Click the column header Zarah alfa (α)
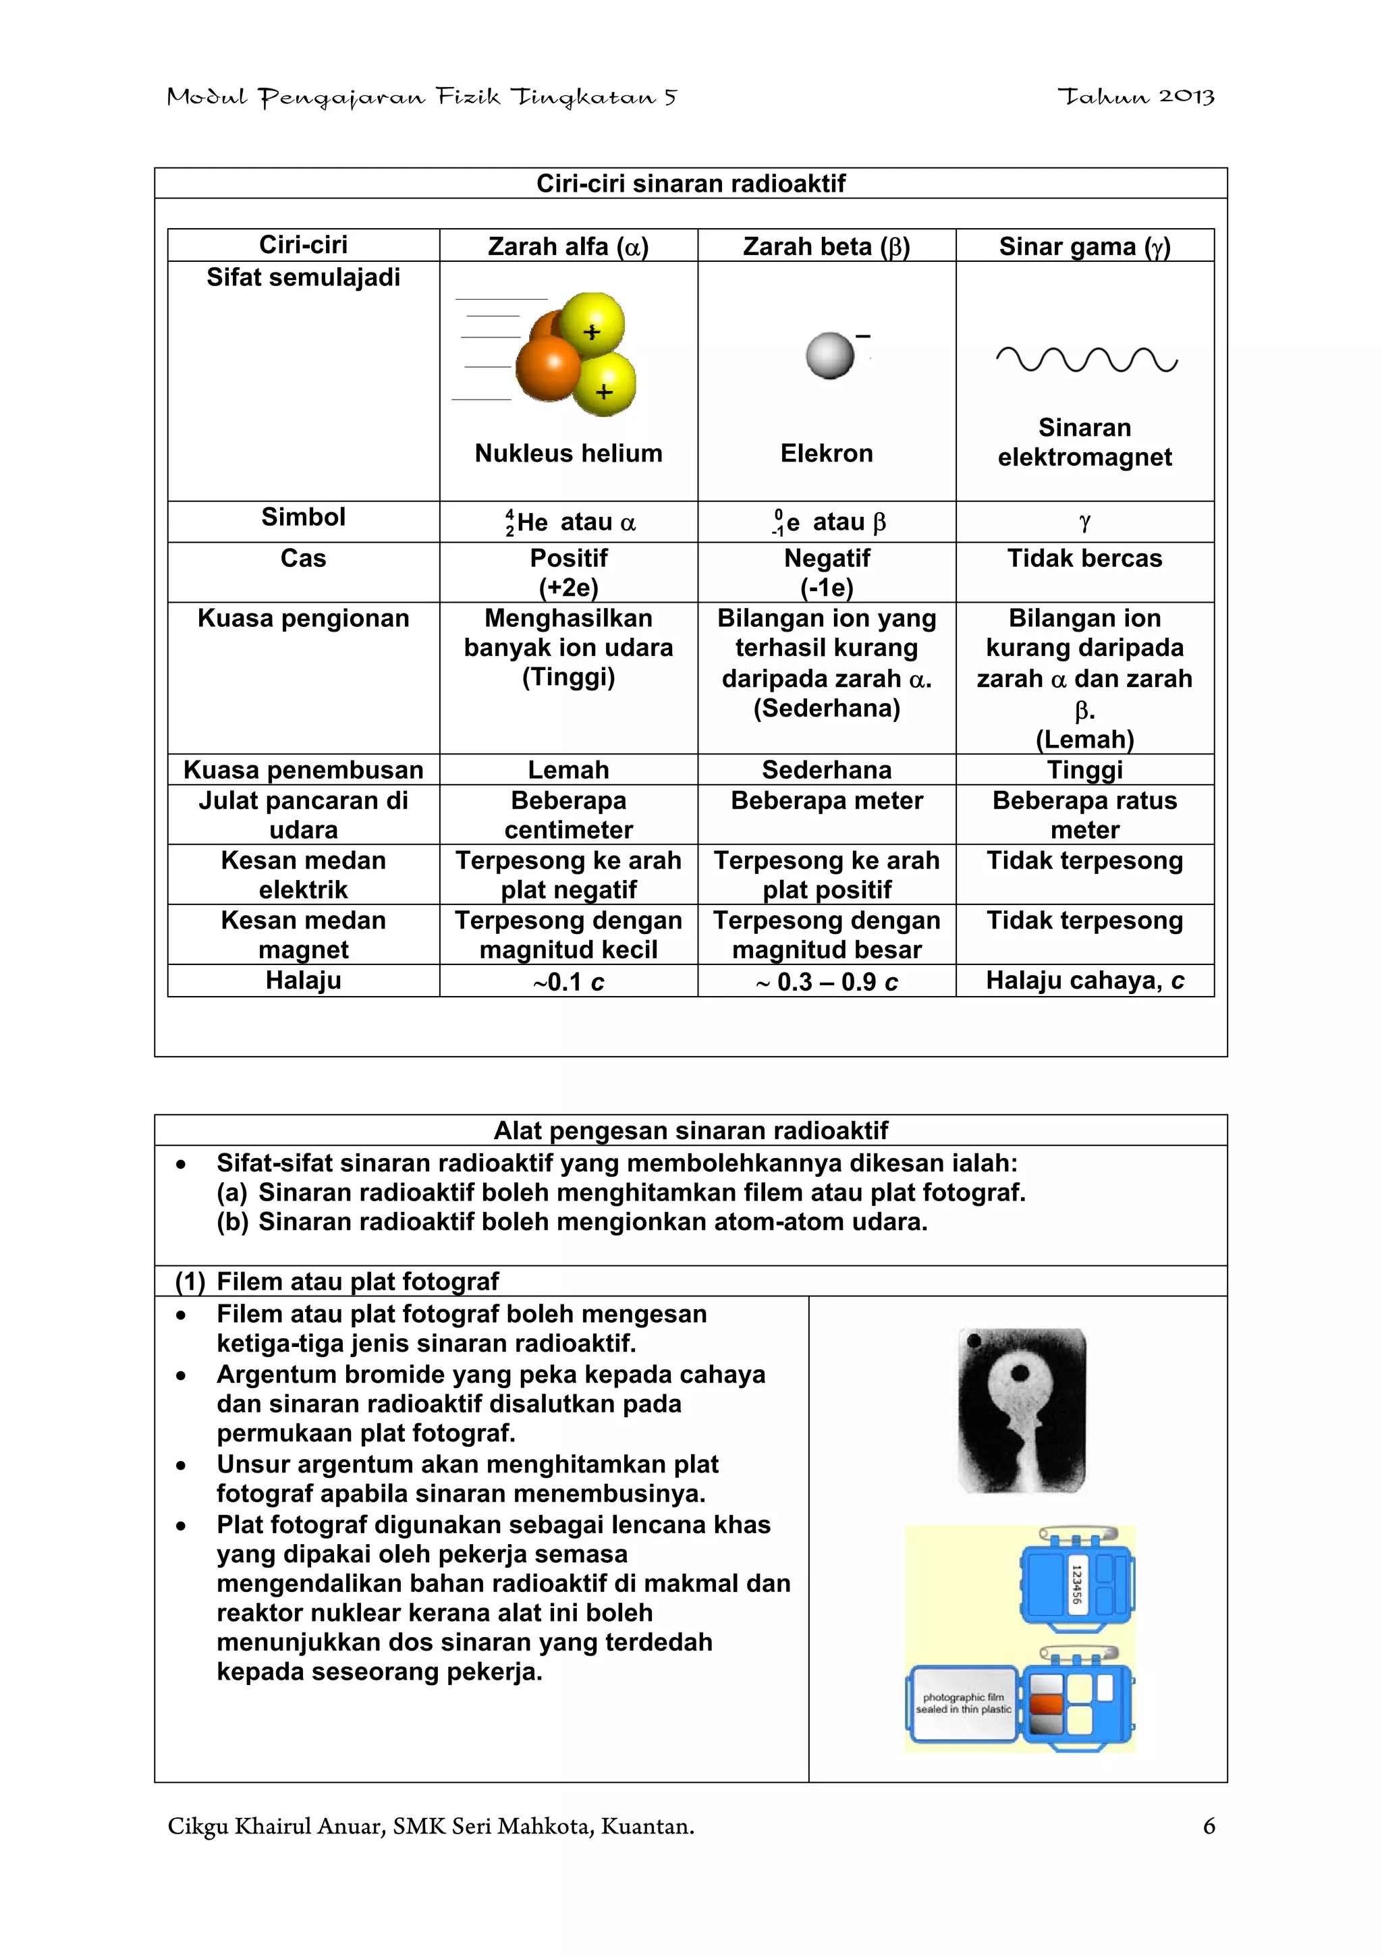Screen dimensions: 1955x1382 click(568, 246)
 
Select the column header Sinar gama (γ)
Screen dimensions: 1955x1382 click(1084, 246)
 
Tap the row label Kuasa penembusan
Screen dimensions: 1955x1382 click(303, 770)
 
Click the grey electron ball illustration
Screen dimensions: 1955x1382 click(829, 356)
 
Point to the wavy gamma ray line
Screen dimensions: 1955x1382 click(1086, 360)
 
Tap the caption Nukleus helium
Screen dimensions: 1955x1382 click(568, 453)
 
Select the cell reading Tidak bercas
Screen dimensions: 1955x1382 click(1084, 559)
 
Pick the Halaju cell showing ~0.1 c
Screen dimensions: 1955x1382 click(568, 982)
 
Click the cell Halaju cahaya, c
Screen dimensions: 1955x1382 click(1084, 981)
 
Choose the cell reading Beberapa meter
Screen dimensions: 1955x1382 click(826, 800)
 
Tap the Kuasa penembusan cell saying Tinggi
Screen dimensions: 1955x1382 click(1084, 770)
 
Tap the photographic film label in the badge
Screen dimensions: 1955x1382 click(963, 1703)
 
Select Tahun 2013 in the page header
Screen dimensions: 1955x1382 click(1136, 97)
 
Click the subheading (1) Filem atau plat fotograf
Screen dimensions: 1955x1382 click(337, 1281)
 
